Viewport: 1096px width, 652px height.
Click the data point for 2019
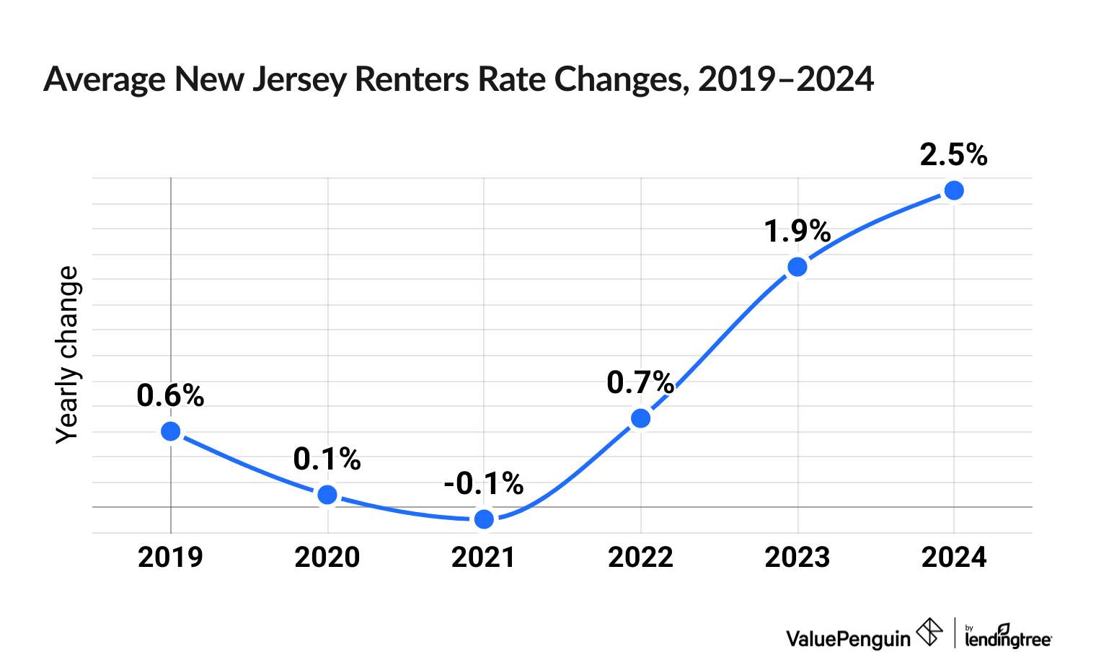click(170, 431)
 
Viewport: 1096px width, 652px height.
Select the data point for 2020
click(327, 494)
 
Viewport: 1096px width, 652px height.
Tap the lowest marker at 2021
click(485, 519)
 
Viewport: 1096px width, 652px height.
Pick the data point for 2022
click(640, 418)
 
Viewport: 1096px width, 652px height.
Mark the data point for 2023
click(797, 267)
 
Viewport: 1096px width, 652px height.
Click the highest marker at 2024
click(954, 190)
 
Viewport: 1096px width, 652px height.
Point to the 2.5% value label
click(953, 155)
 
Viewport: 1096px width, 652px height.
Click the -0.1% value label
click(483, 483)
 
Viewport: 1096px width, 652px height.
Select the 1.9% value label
click(797, 232)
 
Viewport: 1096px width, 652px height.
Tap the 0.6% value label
click(170, 395)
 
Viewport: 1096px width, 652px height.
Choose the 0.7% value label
click(640, 383)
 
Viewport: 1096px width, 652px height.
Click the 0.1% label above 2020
click(327, 459)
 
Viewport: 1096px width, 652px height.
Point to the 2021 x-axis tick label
click(483, 558)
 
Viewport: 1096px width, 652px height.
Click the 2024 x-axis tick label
click(954, 558)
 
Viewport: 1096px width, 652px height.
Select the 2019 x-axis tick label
click(170, 558)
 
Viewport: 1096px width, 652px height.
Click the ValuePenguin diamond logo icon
click(929, 633)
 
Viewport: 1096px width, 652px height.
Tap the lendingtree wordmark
click(1008, 638)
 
